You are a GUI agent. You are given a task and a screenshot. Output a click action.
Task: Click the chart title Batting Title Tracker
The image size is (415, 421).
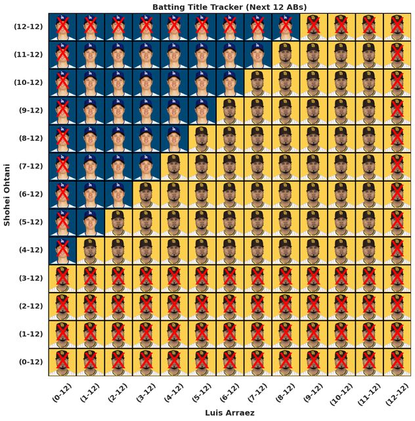(x=229, y=7)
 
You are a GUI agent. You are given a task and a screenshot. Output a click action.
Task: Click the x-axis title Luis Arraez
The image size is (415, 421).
(x=229, y=412)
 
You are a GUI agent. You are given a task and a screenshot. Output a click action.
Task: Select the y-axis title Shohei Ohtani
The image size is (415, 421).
(x=7, y=195)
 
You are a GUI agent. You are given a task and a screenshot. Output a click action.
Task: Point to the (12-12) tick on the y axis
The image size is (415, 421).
(x=28, y=27)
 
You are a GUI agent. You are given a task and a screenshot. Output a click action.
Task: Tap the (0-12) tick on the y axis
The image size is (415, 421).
(x=28, y=362)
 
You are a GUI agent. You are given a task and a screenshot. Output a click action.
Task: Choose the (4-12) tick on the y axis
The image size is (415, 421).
(x=28, y=250)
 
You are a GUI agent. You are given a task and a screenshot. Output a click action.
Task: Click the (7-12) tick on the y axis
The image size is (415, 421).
(x=28, y=166)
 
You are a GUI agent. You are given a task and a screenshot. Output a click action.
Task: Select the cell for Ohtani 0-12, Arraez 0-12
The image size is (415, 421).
(x=62, y=362)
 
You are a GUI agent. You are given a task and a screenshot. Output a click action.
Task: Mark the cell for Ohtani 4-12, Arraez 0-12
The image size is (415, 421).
(x=62, y=250)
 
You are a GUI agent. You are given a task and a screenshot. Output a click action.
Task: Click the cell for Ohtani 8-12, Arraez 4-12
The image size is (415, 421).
(x=174, y=139)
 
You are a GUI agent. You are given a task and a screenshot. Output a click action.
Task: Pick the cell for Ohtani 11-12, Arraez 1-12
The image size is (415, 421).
(x=90, y=55)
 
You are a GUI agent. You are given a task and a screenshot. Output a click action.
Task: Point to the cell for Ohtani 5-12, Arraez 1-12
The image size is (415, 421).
(x=90, y=222)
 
